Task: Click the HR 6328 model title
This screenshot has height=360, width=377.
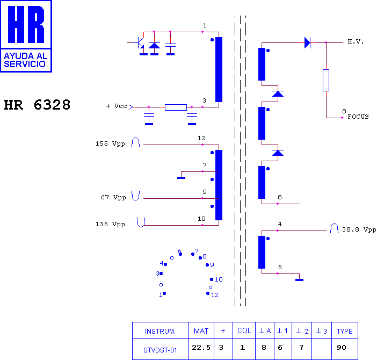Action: tap(37, 105)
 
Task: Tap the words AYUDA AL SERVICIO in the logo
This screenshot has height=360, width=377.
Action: tap(25, 60)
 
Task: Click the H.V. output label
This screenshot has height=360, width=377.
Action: tap(356, 41)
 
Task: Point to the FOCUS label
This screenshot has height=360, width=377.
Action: tap(358, 117)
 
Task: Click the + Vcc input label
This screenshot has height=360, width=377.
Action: tap(117, 106)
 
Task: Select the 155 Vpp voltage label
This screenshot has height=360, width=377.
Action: tap(110, 143)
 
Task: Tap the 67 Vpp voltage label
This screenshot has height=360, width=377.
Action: tap(113, 197)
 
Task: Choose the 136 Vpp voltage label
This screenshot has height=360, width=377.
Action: tap(110, 225)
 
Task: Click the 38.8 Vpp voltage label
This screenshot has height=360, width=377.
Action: tap(359, 229)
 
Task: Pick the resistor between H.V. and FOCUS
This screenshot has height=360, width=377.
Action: tap(326, 80)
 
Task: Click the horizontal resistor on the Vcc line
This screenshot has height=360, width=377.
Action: tap(176, 107)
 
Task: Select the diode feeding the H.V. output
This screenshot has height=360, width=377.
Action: tap(308, 43)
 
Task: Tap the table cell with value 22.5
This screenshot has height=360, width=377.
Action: tap(201, 348)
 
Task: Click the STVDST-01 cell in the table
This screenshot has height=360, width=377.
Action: tap(160, 350)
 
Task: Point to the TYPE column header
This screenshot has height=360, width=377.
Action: tap(345, 331)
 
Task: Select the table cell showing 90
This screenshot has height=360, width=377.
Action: tap(342, 348)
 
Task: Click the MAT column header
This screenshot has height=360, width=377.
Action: tap(201, 331)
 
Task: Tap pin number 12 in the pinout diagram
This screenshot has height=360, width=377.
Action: tap(215, 295)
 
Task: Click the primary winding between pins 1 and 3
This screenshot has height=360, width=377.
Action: tap(219, 69)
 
